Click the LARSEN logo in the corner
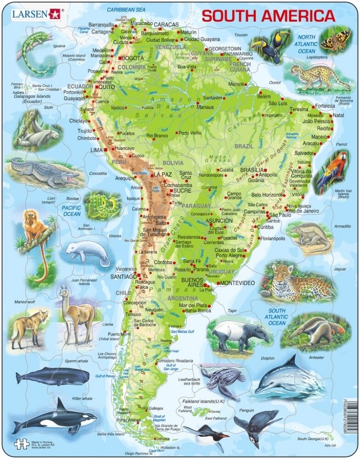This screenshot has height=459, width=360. [x=35, y=14]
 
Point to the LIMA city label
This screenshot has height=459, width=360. [x=96, y=150]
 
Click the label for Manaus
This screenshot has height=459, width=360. [x=206, y=106]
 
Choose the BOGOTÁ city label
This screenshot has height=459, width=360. [x=133, y=59]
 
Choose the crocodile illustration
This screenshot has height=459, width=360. [x=44, y=172]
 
